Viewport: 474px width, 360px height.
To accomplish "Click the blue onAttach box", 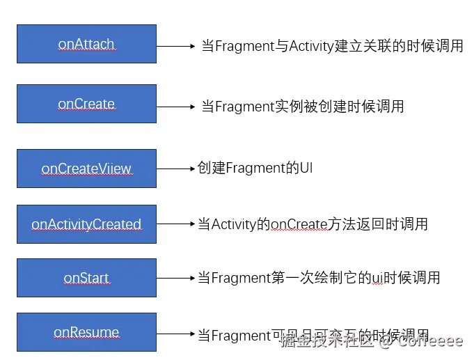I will coord(86,44).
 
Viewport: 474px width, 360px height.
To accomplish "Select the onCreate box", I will coord(86,104).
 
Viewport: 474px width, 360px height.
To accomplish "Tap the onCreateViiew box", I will coord(86,169).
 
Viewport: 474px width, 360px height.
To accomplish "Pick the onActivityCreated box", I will coord(86,224).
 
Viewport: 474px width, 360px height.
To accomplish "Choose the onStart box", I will coord(86,278).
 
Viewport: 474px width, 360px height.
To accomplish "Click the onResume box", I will coord(86,332).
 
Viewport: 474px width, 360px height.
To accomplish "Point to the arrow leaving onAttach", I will coord(175,47).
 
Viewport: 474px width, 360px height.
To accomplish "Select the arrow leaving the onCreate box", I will coord(175,107).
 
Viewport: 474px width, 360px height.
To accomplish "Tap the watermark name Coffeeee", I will coord(431,341).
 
